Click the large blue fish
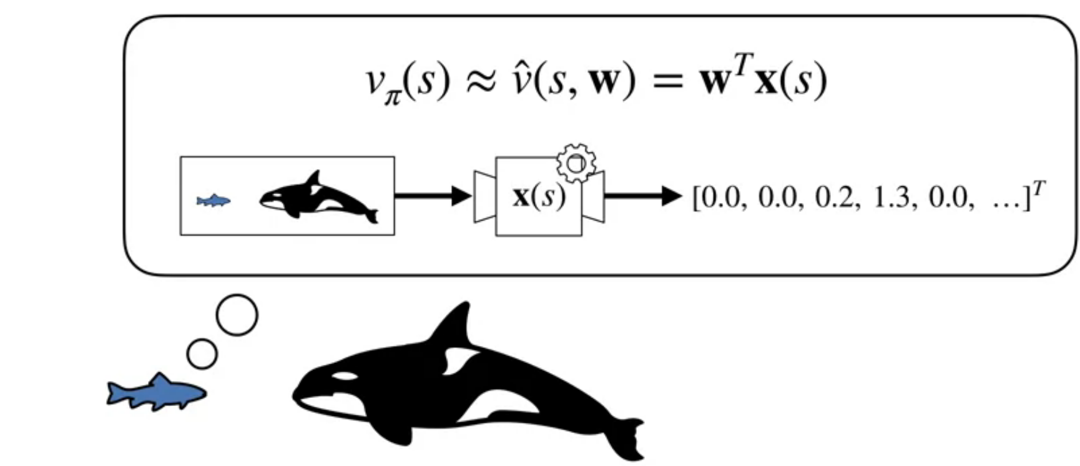tap(156, 392)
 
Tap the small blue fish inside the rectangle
tap(214, 201)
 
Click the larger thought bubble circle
tap(237, 315)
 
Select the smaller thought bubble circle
tap(202, 354)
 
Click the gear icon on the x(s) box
tap(576, 163)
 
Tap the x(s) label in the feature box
tap(539, 196)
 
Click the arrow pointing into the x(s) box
tap(433, 196)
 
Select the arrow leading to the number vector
tap(644, 196)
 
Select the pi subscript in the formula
tap(392, 98)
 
